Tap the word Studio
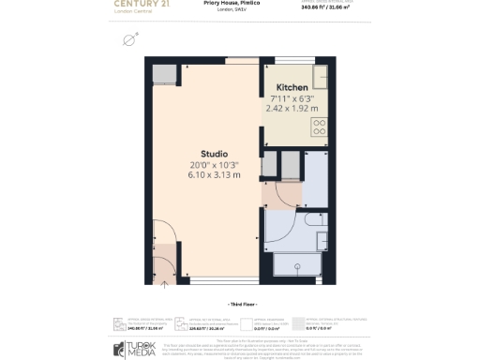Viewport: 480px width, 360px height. point(214,154)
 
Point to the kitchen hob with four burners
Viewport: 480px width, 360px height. point(320,126)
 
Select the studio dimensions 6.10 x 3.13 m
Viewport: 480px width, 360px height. point(214,175)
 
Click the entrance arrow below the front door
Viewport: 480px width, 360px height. point(165,280)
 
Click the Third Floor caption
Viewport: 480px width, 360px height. point(240,306)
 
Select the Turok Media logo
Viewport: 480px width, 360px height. point(140,349)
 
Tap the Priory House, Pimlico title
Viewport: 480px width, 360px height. point(239,4)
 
